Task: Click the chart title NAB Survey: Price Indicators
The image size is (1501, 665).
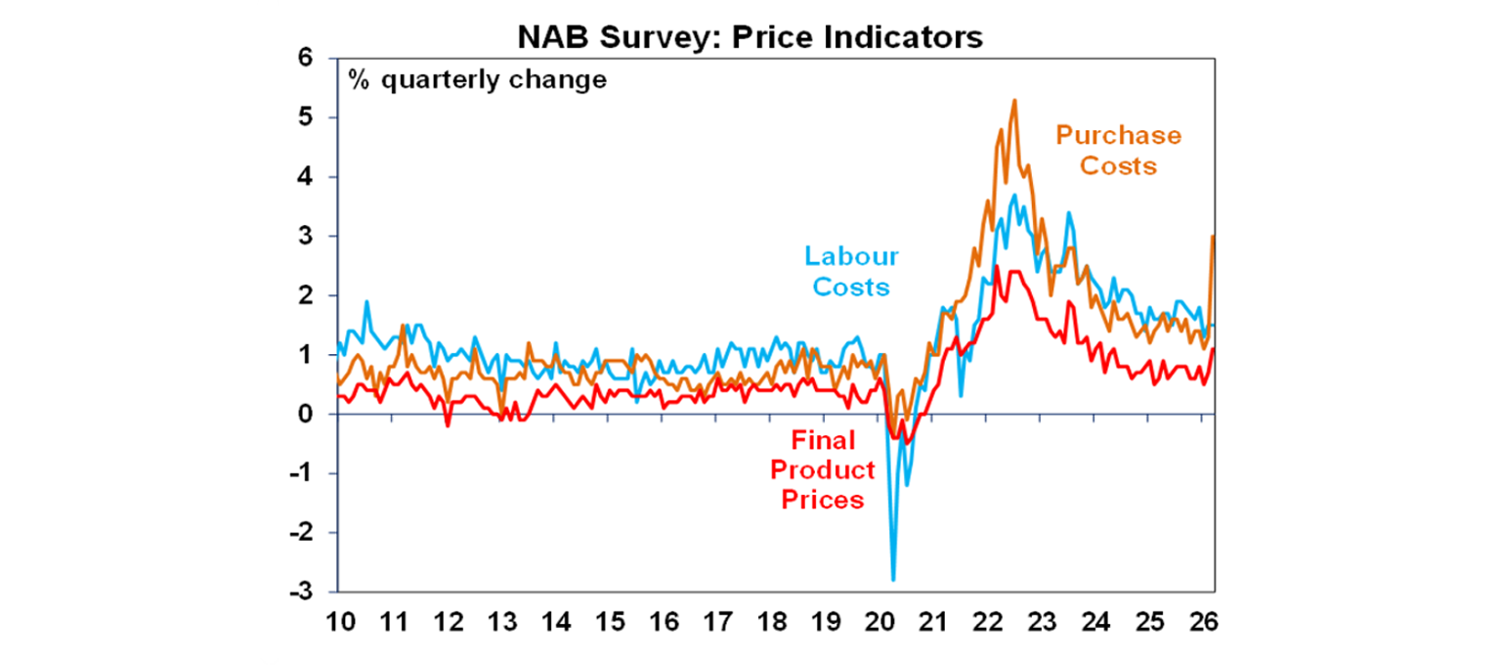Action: [x=750, y=37]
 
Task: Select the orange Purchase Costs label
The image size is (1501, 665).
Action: [x=1118, y=151]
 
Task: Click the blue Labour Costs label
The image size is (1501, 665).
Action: [x=850, y=271]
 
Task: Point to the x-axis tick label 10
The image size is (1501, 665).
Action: [x=337, y=622]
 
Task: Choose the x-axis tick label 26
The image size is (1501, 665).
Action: [x=1201, y=622]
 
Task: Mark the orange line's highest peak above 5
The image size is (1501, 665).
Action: [x=1014, y=100]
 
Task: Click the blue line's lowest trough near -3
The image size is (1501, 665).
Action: [x=893, y=580]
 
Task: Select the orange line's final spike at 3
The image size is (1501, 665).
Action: [x=1213, y=236]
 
